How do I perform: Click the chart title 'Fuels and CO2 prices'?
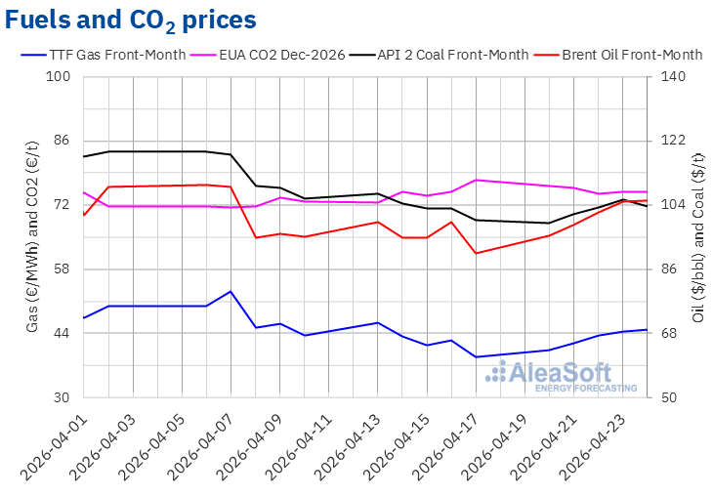tap(132, 20)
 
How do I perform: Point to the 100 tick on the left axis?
tap(61, 76)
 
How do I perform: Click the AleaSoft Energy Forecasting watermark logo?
tap(563, 375)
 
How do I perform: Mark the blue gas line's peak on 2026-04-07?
tap(231, 291)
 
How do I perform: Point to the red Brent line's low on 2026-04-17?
tap(476, 254)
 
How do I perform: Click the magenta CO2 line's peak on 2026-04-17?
tap(476, 180)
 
